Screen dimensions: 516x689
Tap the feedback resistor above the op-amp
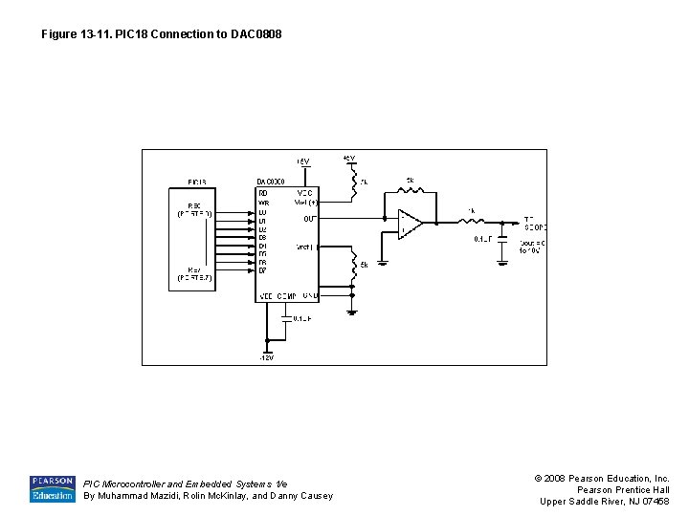point(411,188)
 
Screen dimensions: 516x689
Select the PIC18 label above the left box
point(196,181)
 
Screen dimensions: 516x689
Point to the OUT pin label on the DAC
point(310,219)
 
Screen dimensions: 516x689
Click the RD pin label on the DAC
point(263,192)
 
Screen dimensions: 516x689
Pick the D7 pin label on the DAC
point(263,270)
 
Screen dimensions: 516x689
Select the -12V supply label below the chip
point(267,358)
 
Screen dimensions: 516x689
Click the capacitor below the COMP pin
point(286,318)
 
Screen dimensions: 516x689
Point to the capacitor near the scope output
point(501,239)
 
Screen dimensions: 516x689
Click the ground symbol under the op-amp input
point(385,259)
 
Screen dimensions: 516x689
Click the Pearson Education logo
point(53,488)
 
